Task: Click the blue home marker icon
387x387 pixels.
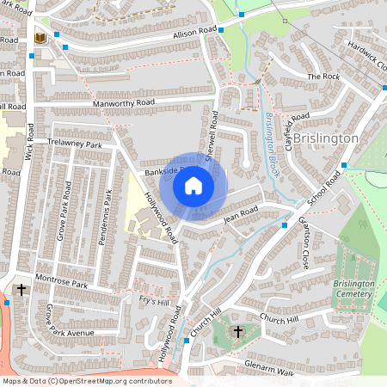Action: click(x=193, y=185)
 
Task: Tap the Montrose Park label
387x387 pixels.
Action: click(x=62, y=283)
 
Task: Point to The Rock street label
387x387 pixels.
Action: click(x=323, y=77)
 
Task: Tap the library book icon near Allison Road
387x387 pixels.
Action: click(x=39, y=39)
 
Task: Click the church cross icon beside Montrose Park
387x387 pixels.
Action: click(x=21, y=291)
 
